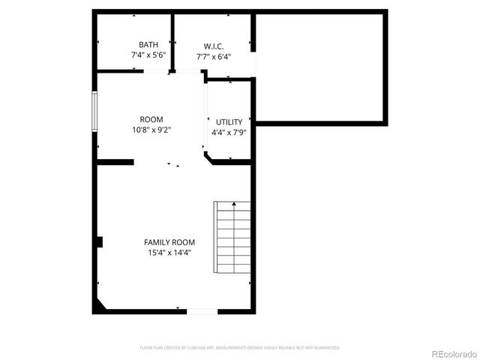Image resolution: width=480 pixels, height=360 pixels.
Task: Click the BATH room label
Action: click(148, 45)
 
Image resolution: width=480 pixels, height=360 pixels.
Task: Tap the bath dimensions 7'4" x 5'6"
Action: click(148, 55)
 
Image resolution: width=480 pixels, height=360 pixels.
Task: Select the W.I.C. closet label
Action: click(214, 46)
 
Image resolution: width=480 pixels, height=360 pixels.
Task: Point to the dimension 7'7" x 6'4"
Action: click(214, 55)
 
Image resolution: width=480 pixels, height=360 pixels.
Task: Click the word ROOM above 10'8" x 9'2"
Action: click(151, 120)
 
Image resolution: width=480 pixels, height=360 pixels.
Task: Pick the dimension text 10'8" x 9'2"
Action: click(151, 130)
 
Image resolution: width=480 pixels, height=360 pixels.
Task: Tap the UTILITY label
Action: click(229, 122)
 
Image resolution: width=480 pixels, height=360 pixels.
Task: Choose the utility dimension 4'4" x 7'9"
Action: click(229, 132)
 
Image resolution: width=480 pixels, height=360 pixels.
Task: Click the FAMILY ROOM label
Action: click(169, 242)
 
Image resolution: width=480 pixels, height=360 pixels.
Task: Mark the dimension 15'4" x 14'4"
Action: click(169, 253)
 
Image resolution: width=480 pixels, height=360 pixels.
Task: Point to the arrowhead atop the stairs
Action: click(234, 203)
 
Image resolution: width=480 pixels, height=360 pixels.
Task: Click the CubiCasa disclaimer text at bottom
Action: click(240, 348)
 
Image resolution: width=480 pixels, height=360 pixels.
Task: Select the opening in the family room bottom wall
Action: click(202, 310)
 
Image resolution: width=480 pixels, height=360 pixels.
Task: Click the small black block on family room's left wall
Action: click(98, 241)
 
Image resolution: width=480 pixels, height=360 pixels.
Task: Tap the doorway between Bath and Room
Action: click(157, 72)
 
